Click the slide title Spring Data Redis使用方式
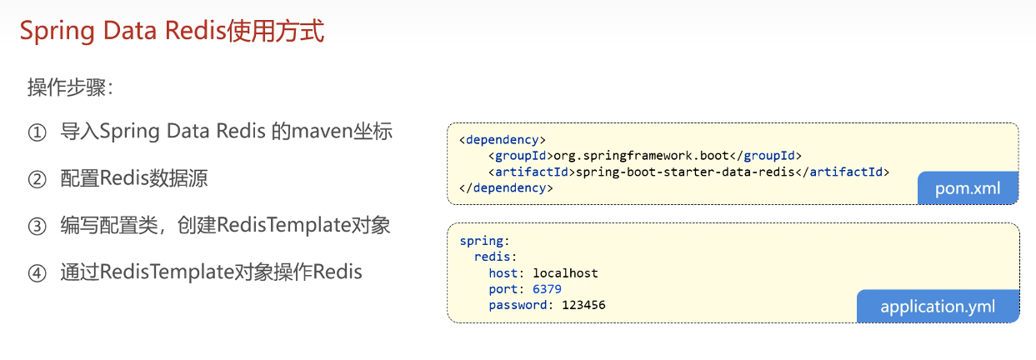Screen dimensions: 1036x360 click(172, 32)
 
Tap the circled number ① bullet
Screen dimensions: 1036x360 click(37, 133)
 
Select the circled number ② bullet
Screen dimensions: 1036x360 click(37, 180)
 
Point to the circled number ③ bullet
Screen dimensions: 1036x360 click(37, 227)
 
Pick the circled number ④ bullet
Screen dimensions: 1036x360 click(37, 273)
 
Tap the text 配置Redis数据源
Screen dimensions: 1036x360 click(134, 179)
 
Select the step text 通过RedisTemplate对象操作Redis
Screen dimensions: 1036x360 click(211, 272)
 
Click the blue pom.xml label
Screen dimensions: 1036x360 click(968, 188)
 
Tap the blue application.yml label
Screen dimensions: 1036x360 click(938, 307)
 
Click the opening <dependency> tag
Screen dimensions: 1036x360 click(503, 139)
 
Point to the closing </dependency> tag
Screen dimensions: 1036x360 click(506, 188)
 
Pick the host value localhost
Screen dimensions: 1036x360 click(565, 273)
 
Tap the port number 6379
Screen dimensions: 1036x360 click(547, 289)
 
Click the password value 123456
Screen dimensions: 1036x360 click(583, 305)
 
